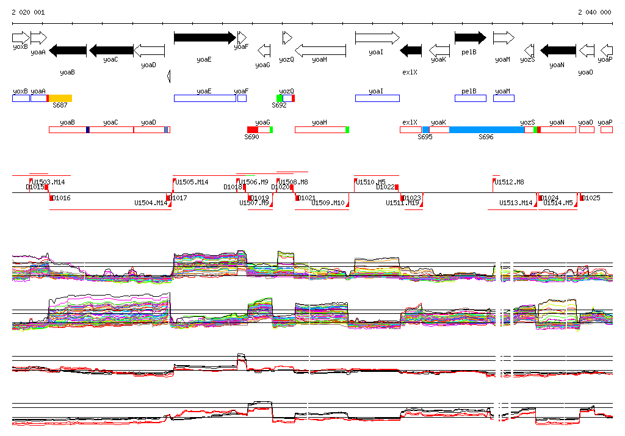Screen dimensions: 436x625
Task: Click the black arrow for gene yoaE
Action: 204,38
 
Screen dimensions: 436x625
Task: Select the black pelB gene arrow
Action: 470,38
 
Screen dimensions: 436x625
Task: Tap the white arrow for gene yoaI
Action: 377,38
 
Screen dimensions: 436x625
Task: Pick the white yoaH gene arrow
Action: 320,50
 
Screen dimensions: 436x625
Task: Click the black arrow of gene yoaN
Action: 558,50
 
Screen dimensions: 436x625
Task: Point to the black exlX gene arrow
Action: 411,50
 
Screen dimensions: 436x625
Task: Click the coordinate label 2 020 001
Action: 28,12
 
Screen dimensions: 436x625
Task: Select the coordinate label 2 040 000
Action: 594,12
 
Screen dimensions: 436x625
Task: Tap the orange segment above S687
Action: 60,98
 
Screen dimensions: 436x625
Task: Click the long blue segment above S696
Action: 486,129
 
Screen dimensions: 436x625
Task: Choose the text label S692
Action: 279,106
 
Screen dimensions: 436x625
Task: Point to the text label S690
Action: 251,137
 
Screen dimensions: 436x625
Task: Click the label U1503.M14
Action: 49,182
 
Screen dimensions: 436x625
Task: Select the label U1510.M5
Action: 371,182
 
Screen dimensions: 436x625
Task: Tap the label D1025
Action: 591,198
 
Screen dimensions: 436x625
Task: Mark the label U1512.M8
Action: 509,182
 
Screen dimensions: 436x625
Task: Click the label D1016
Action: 62,198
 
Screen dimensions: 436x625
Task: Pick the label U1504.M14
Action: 150,203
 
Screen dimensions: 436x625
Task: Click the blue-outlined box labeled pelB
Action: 470,98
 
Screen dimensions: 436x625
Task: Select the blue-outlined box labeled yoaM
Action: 504,98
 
